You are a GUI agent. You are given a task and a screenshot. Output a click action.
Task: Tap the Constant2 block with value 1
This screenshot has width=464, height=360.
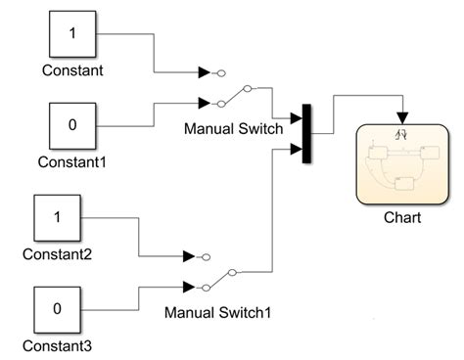click(58, 218)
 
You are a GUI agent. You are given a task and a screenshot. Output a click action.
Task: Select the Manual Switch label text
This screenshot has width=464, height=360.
click(233, 127)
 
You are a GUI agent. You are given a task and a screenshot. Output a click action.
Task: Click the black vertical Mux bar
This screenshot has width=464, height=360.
click(306, 134)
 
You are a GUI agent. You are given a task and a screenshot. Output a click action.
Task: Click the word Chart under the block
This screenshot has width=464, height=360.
click(402, 217)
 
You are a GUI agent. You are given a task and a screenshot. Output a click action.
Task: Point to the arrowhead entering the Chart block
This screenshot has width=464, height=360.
click(401, 117)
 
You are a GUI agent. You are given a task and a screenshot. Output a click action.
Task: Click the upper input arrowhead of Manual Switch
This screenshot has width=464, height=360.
click(204, 71)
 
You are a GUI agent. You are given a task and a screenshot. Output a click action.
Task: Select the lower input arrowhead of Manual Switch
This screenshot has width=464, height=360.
click(204, 102)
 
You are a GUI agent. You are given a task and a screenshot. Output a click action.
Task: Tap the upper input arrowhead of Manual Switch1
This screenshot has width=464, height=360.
click(189, 256)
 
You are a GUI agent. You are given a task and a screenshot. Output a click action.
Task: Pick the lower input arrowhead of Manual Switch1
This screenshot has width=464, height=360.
click(189, 287)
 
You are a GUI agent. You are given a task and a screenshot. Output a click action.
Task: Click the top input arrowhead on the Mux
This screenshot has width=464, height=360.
click(297, 120)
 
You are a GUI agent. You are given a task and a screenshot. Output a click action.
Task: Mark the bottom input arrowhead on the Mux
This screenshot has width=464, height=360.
click(297, 150)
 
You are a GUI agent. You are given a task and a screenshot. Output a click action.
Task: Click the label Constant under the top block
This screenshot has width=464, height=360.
click(73, 70)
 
